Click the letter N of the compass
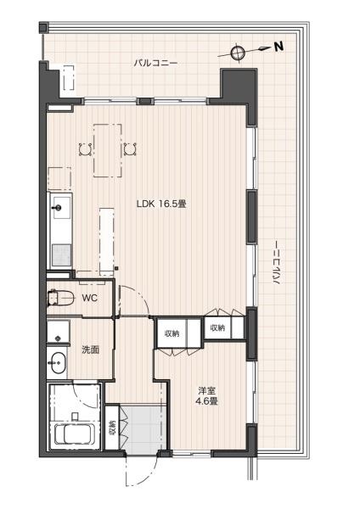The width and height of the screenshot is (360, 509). pyautogui.click(x=278, y=47)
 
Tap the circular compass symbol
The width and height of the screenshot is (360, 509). pyautogui.click(x=237, y=53)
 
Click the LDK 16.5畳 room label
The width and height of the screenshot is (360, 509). pyautogui.click(x=161, y=204)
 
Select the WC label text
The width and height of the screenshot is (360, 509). pyautogui.click(x=89, y=298)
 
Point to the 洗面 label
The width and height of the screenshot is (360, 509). pyautogui.click(x=90, y=350)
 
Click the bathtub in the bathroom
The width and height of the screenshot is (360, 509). pyautogui.click(x=75, y=434)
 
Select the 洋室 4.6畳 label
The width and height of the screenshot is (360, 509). pyautogui.click(x=206, y=396)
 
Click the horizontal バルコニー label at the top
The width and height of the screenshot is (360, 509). pyautogui.click(x=155, y=63)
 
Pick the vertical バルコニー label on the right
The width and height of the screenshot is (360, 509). pyautogui.click(x=277, y=263)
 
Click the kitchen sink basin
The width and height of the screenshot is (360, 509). pyautogui.click(x=61, y=208)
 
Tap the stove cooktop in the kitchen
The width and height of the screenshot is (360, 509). pyautogui.click(x=62, y=255)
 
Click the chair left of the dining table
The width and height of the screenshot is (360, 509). pyautogui.click(x=86, y=150)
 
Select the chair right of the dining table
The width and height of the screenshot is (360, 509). pyautogui.click(x=130, y=149)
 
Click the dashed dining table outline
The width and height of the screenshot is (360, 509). pyautogui.click(x=108, y=151)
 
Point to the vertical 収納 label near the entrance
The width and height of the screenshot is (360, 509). pyautogui.click(x=112, y=428)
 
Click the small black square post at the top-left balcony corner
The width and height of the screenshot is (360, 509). pyautogui.click(x=43, y=27)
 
